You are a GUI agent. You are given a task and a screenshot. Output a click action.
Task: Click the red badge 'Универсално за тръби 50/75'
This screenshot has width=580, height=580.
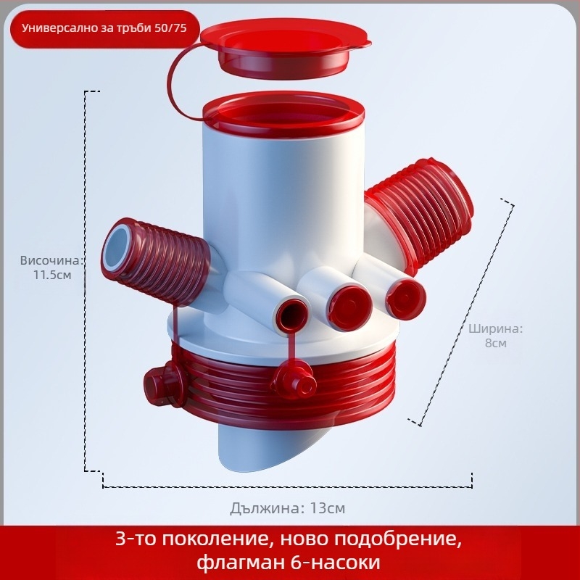[x=104, y=29]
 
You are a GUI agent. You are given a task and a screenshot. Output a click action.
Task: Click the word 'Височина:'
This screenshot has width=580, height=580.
[x=51, y=260]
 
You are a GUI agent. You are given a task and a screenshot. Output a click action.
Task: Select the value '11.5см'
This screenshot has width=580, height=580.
[x=52, y=275]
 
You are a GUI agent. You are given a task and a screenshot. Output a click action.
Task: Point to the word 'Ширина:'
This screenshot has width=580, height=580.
[x=496, y=328]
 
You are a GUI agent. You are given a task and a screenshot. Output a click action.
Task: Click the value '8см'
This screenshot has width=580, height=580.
[x=496, y=343]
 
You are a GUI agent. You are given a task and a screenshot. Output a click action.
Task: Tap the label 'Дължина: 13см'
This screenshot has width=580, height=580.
[x=287, y=508]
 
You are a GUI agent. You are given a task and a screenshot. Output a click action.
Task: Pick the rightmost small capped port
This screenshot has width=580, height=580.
[x=405, y=299]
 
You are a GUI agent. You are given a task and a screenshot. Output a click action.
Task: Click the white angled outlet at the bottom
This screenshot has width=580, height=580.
[x=274, y=449]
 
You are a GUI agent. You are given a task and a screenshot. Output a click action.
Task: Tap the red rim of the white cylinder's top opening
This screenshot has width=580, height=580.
[x=283, y=115]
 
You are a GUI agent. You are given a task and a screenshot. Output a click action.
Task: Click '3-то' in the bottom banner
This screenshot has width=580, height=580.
[x=136, y=539]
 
